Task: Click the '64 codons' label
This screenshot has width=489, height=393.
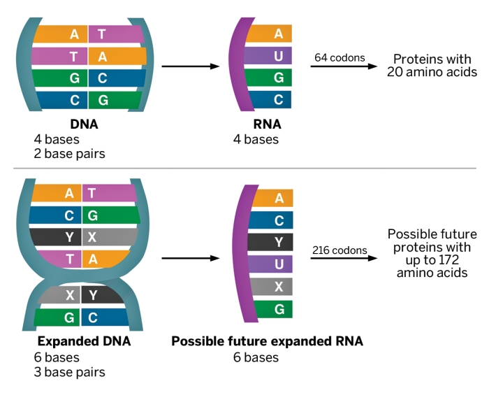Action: (x=340, y=57)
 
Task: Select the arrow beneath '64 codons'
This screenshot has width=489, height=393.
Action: (x=340, y=66)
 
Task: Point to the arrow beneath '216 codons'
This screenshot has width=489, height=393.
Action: (x=340, y=258)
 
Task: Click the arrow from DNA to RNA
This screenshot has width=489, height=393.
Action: (x=190, y=67)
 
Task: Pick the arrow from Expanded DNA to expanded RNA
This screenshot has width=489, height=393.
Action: (x=190, y=258)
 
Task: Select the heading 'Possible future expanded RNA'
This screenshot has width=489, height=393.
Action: (x=267, y=343)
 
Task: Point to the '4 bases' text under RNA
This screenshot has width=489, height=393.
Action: (x=256, y=139)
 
